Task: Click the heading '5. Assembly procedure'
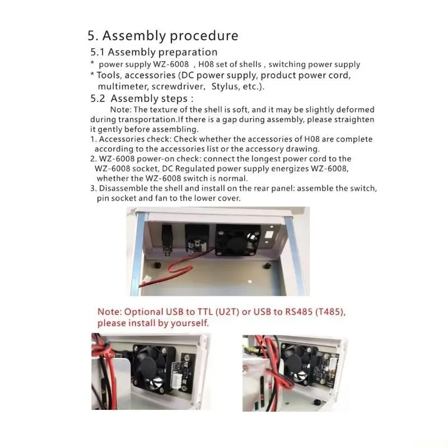pos(163,36)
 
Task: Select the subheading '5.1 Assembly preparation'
pos(154,52)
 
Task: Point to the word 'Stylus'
pos(224,87)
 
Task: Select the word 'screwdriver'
pos(179,87)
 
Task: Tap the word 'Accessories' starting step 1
pos(122,139)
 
